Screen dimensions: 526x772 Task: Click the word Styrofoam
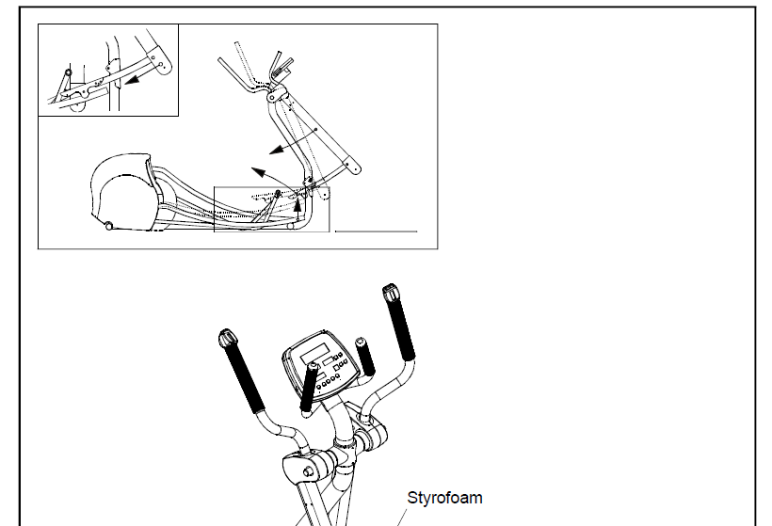tap(444, 497)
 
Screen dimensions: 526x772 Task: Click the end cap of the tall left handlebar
tap(226, 337)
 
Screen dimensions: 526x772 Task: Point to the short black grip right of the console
tap(365, 355)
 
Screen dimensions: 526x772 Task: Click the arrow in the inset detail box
tap(138, 79)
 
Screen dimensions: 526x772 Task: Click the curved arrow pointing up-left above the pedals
tap(263, 176)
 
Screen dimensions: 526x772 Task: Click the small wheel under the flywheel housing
tap(110, 226)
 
